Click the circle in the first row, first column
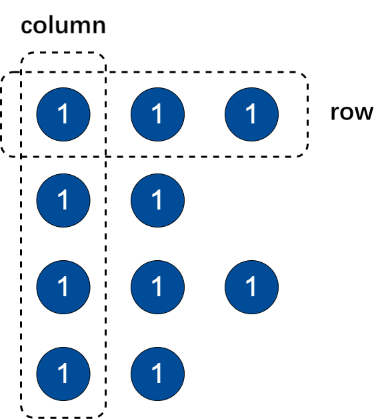[63, 114]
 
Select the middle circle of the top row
[157, 114]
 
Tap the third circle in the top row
[252, 114]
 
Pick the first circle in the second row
[63, 200]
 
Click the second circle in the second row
[157, 200]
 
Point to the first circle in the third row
[63, 287]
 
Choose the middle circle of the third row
[157, 287]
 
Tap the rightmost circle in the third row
[252, 287]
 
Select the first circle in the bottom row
[63, 374]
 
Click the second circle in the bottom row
[157, 374]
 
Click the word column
[63, 25]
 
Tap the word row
[352, 113]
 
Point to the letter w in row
[363, 113]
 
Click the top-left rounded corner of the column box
[24, 55]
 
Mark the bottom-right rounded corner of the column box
[103, 414]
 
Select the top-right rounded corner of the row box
[305, 75]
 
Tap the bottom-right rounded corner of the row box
[305, 153]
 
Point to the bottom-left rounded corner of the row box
[4, 153]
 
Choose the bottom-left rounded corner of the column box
[24, 414]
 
